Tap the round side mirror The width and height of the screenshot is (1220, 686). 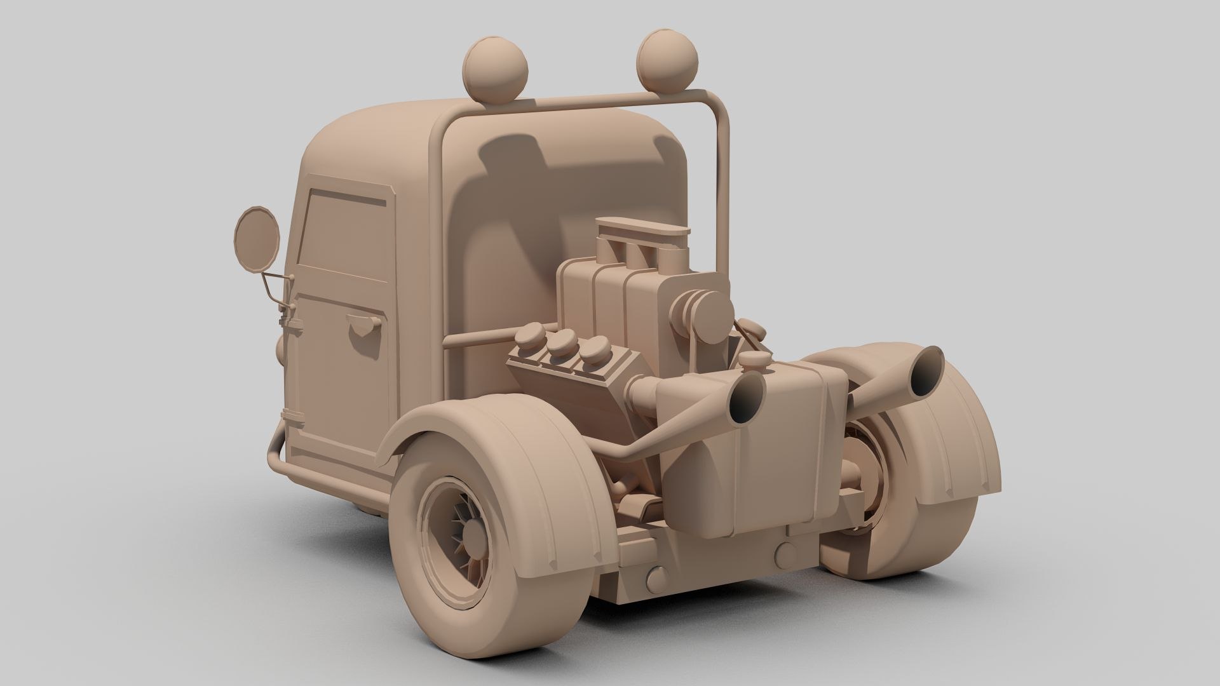(x=257, y=235)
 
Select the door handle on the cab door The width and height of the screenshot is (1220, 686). (x=365, y=329)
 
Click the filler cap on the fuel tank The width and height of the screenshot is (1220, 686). (x=754, y=363)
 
